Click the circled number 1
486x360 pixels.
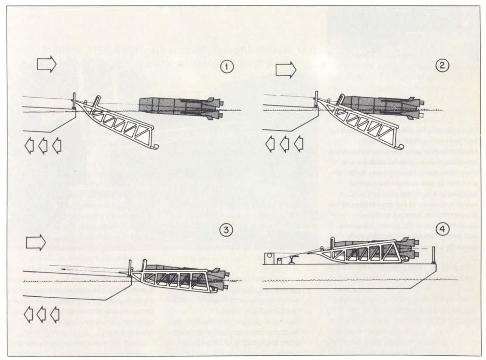[x=228, y=67]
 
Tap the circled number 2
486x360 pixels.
[x=442, y=65]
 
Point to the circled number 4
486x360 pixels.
[x=442, y=229]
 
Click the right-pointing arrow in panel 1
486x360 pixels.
[x=47, y=64]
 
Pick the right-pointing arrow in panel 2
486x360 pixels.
[x=286, y=69]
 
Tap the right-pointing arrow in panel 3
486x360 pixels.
[x=36, y=243]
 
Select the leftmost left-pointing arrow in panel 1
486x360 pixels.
[x=29, y=146]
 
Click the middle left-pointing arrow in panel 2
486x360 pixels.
[x=284, y=144]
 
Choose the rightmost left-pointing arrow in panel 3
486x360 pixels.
[x=55, y=314]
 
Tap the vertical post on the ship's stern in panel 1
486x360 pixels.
[x=74, y=101]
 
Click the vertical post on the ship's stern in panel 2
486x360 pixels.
[x=316, y=99]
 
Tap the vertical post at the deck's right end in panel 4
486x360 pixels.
[x=435, y=256]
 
